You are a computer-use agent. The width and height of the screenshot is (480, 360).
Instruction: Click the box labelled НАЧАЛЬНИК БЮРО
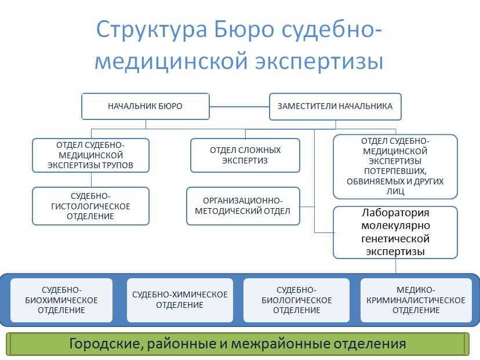pos(146,106)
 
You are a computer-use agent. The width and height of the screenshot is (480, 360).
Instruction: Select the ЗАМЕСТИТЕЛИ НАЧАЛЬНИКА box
pos(335,107)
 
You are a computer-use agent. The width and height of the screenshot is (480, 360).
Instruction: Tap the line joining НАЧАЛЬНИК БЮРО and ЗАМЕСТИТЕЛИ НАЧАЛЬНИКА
pos(239,107)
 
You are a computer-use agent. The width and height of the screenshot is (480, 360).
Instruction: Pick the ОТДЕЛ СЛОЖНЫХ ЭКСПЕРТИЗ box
pos(245,155)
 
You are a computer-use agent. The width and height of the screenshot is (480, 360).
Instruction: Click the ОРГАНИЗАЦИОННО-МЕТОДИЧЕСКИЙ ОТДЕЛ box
pos(243,206)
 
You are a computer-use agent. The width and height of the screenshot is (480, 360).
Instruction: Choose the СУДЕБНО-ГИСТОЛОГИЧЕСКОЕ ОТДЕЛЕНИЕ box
pos(90,206)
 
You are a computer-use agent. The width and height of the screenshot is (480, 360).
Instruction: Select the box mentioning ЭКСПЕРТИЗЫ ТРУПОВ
pos(90,155)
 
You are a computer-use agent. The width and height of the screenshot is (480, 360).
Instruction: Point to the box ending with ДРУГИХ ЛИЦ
pos(395,166)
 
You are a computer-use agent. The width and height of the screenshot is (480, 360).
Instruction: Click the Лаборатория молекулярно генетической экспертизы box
pos(395,232)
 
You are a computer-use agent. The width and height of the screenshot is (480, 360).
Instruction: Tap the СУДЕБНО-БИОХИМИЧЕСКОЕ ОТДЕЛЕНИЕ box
pos(61,300)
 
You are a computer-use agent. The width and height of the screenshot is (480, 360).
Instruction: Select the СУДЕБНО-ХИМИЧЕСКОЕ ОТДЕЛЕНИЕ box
pos(180,300)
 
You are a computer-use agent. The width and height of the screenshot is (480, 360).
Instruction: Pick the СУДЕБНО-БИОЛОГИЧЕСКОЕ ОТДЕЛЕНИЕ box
pos(297,300)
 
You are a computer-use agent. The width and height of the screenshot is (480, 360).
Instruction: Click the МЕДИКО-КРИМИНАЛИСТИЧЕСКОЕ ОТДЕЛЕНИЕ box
pos(416,300)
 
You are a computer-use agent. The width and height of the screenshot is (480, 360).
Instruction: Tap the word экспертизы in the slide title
pos(319,61)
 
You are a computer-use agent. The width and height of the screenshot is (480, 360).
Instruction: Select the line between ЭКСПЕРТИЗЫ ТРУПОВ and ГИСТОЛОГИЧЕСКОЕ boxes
pos(91,180)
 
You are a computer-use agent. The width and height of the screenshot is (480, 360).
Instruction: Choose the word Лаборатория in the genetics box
pos(395,213)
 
